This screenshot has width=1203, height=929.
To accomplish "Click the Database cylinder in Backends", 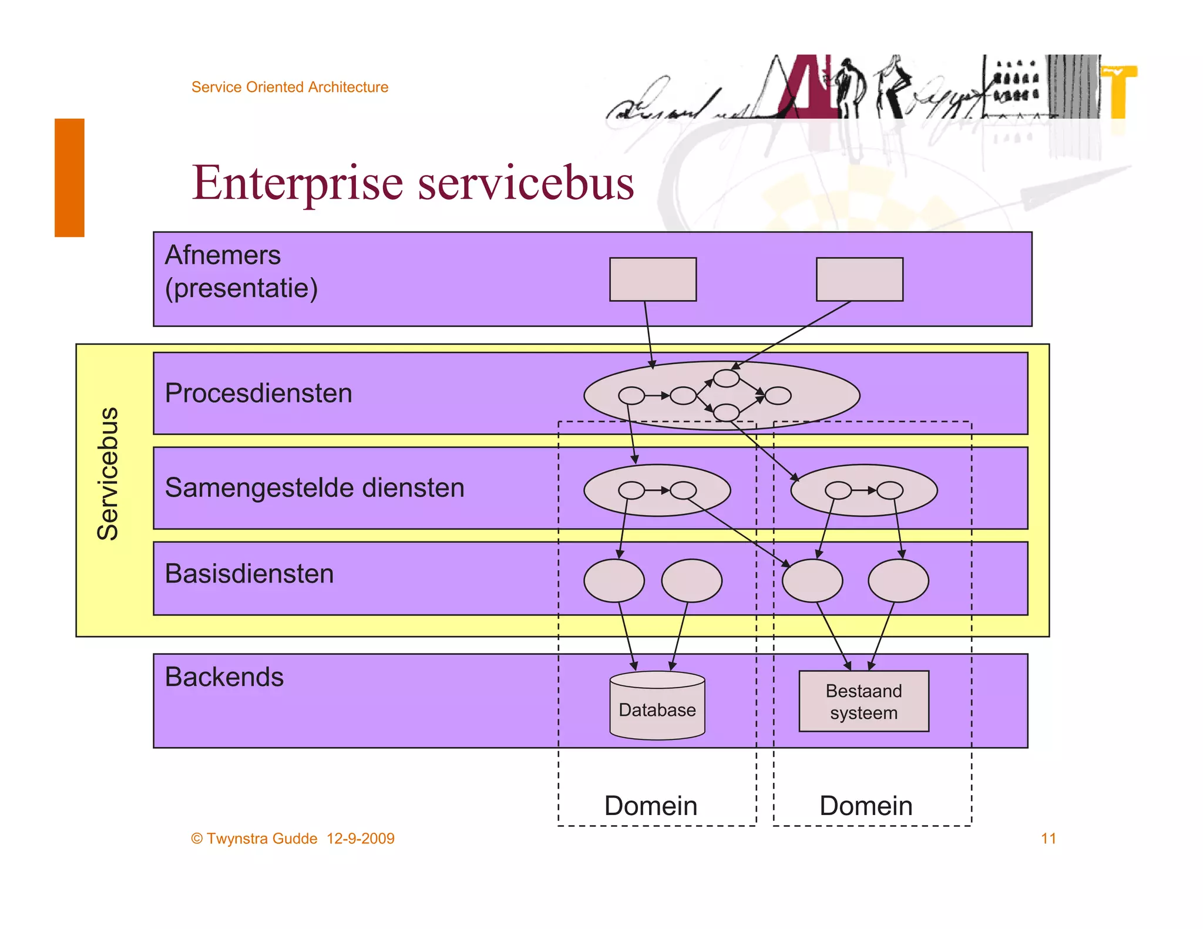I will [x=657, y=706].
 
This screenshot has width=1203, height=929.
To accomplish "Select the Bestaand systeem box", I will [x=863, y=701].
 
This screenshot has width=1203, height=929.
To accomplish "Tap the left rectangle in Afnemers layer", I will [x=653, y=280].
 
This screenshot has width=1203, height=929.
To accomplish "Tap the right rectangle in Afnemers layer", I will [x=859, y=280].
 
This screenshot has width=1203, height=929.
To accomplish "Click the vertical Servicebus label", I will [x=108, y=473].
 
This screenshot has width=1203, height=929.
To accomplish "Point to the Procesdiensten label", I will [x=258, y=393].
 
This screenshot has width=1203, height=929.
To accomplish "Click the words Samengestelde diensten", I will [x=314, y=488].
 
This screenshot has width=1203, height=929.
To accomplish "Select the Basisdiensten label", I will [x=249, y=574].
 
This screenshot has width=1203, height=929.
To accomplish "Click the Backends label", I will [x=224, y=677].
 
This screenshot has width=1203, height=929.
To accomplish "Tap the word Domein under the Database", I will [x=651, y=806].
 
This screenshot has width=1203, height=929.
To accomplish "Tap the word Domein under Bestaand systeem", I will [x=866, y=806].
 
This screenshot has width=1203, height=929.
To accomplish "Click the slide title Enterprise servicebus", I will [x=412, y=183].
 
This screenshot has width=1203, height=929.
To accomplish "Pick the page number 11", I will [x=1048, y=839].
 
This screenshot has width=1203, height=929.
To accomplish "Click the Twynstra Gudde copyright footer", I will [x=293, y=839].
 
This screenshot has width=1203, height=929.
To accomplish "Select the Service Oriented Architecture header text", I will [x=290, y=87].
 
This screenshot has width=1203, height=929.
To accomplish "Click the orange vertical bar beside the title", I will [x=69, y=177].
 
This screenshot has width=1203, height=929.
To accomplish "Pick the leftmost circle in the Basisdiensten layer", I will [x=614, y=581].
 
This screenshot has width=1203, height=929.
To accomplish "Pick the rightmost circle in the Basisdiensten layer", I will [x=898, y=581].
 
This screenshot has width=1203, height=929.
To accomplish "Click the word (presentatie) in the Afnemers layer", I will [x=241, y=288].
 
